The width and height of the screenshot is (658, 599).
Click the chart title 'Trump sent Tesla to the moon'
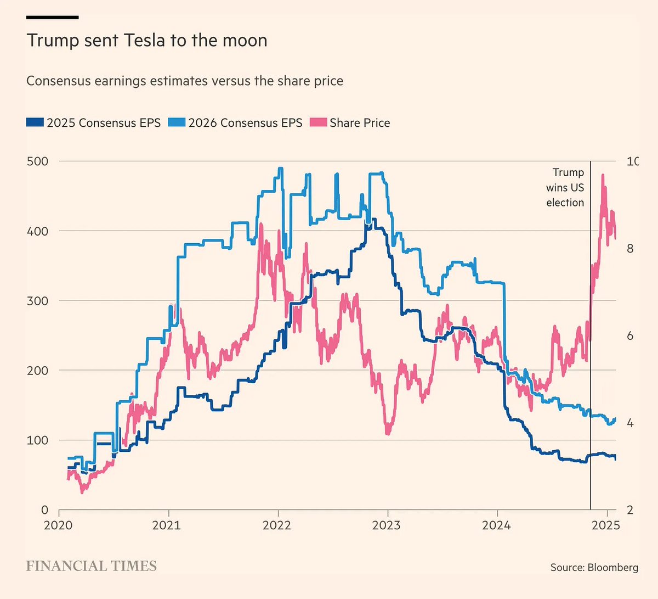coord(147,41)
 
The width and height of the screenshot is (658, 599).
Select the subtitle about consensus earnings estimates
coord(185,81)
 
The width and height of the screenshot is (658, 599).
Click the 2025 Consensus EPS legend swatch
coord(35,122)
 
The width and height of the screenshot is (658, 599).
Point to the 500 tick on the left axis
coord(37,161)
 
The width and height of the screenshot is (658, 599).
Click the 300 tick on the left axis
coord(37,301)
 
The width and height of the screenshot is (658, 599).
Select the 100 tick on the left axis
coord(37,440)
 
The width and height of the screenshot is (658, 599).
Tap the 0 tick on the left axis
coord(44,510)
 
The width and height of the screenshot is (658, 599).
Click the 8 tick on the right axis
coord(630,249)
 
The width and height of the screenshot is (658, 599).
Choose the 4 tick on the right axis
coord(630,423)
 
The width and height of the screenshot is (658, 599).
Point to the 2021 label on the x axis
coord(167,525)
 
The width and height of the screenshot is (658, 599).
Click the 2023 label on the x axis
coord(386,525)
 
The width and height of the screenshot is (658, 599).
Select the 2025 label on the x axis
coord(606,525)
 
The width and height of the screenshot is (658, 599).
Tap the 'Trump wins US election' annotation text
coord(565,188)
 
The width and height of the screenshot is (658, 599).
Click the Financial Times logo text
coord(92,566)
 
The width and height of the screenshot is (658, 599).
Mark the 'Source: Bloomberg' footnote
coord(594,567)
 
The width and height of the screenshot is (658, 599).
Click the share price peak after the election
coord(603,176)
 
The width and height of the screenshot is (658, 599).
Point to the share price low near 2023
coord(388,433)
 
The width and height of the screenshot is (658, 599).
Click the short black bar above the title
coord(53,17)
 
